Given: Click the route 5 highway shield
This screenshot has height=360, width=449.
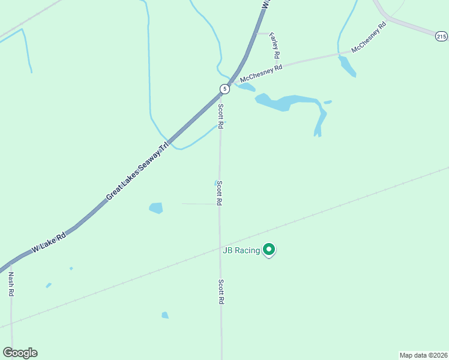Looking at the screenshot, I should coord(224,89).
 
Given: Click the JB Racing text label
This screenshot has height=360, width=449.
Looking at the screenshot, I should coord(241,250).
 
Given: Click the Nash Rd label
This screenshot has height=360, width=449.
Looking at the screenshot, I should coord(11,284).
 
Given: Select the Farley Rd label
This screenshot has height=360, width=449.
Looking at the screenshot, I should coord(276,46).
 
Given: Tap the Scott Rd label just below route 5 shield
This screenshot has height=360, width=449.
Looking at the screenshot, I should coord(221,116).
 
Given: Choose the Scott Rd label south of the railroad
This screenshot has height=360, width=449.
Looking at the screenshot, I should coord(221,292).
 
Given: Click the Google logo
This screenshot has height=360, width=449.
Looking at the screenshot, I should coord(20,352).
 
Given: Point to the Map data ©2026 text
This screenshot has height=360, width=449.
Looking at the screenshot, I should coord(423,355).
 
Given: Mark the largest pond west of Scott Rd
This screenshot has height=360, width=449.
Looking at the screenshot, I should coord(156,208).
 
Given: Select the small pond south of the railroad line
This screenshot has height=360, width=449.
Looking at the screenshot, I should coord(165,315).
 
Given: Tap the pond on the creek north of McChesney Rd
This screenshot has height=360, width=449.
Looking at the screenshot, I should coord(347,66).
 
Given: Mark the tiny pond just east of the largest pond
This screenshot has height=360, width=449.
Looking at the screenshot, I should coord(328,102).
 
